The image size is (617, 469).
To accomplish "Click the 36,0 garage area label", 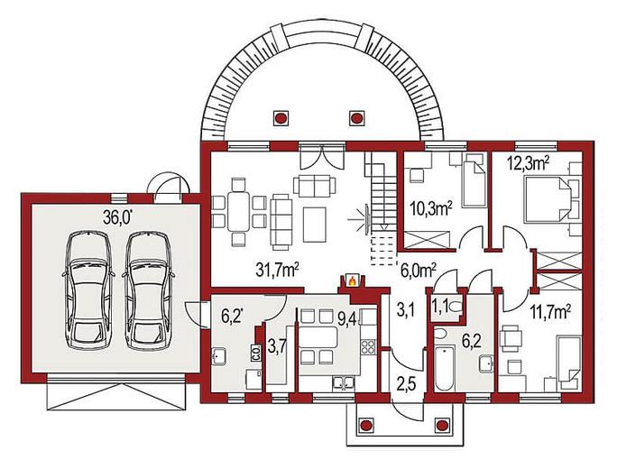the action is (117, 216).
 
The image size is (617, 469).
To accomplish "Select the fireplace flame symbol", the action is (353, 280).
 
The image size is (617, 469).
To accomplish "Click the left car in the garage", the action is (88, 290).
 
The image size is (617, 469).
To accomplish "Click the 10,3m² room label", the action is (430, 207).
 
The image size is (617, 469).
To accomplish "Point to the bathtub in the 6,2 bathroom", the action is (445, 368).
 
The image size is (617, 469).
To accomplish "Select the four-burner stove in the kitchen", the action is (369, 346).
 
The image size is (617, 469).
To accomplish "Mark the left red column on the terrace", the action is (281, 117).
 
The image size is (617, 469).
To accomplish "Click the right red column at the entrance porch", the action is (442, 426).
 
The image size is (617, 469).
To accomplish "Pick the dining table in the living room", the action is (238, 211).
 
